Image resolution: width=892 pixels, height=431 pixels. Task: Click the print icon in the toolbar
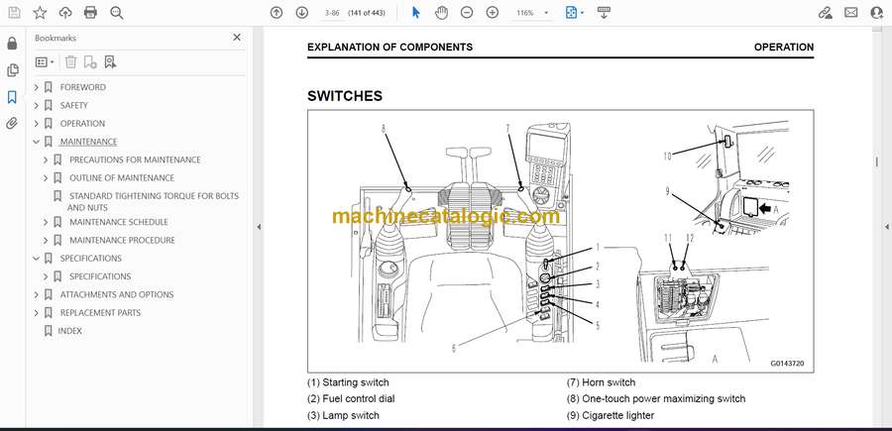90,13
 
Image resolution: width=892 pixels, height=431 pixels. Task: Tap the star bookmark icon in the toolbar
40,13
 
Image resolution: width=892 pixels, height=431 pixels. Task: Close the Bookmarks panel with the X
237,38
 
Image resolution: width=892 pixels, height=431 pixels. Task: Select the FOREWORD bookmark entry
83,87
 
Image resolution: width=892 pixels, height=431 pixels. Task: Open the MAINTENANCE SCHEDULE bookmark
119,222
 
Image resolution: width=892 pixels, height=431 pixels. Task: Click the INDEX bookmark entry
70,330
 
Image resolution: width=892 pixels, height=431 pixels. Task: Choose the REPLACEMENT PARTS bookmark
100,312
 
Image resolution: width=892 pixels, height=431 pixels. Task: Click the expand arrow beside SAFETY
37,105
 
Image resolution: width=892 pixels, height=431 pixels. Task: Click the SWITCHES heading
345,96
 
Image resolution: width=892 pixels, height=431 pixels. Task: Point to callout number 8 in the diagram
384,129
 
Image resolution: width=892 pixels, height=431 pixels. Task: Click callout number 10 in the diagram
667,156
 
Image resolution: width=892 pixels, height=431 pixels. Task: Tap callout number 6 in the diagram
453,348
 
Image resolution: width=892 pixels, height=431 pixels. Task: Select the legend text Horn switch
609,382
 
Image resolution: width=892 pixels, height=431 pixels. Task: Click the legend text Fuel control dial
359,399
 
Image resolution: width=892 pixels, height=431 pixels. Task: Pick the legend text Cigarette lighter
617,416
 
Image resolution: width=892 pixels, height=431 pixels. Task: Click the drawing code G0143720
787,364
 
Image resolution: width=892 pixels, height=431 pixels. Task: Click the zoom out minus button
467,13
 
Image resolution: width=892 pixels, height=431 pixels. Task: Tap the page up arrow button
277,13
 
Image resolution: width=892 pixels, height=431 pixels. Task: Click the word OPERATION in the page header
784,48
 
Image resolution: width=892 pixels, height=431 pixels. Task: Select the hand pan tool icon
441,13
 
